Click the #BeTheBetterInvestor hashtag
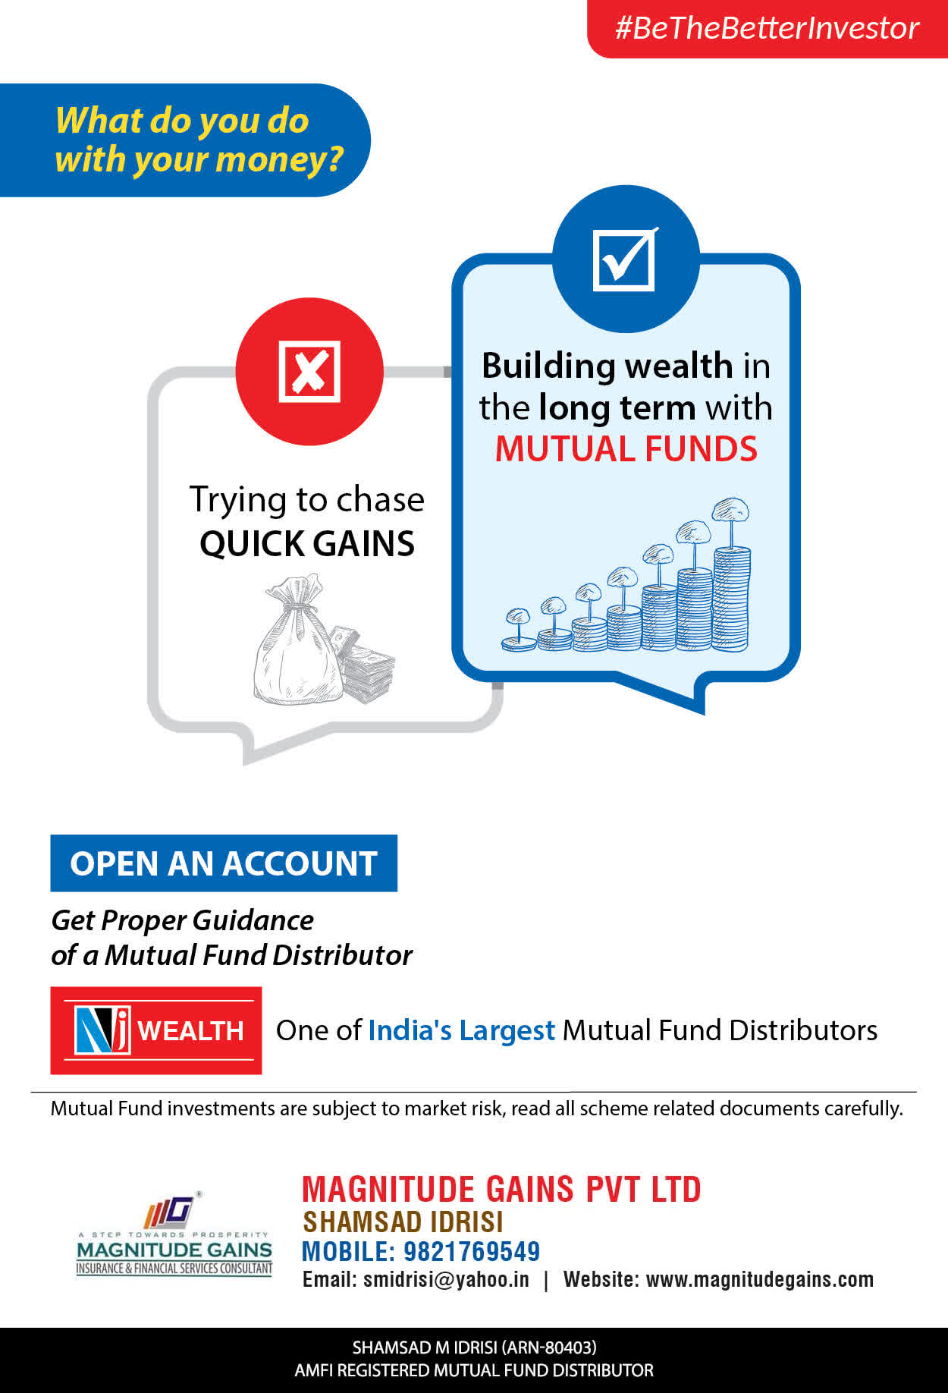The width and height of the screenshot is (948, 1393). tap(767, 28)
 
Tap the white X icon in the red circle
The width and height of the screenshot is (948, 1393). tap(309, 371)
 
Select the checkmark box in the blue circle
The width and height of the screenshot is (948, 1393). tap(625, 259)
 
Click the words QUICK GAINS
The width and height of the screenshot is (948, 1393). tap(307, 543)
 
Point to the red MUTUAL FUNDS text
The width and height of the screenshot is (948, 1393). tap(626, 448)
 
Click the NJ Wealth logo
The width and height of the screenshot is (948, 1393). tap(156, 1030)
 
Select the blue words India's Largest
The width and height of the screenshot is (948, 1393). tap(462, 1030)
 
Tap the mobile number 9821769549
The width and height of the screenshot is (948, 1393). tap(472, 1251)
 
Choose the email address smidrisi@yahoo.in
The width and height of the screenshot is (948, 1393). tap(446, 1279)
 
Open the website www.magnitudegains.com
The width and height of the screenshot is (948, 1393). tap(760, 1280)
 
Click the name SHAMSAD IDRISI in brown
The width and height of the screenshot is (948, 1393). tap(403, 1222)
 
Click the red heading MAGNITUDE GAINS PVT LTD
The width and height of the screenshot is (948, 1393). tap(501, 1189)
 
